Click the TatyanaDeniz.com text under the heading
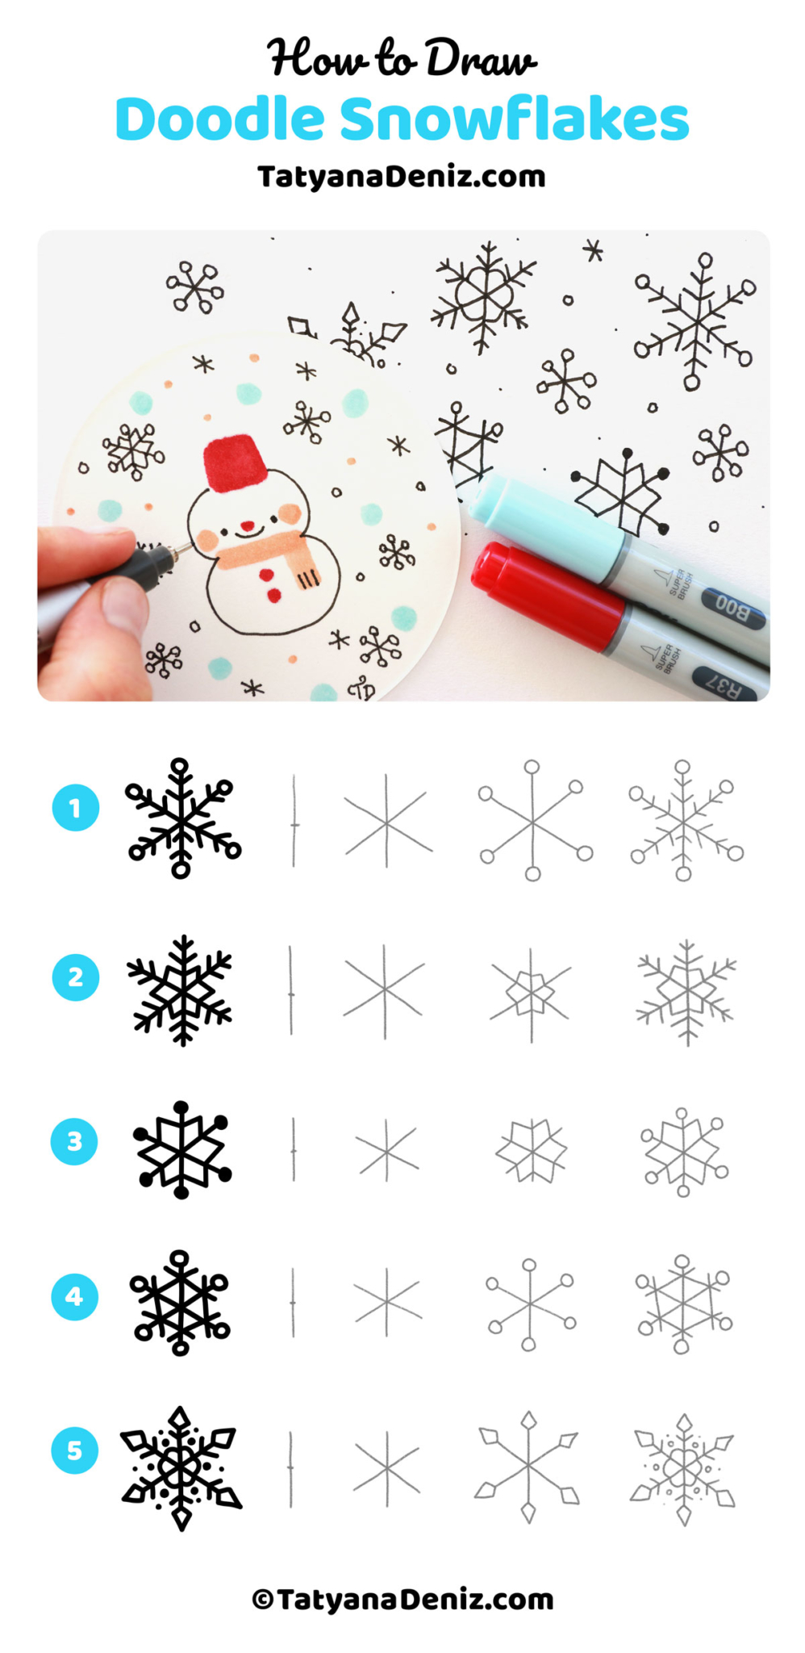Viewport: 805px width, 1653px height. pos(402,176)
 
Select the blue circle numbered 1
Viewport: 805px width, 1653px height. pos(75,808)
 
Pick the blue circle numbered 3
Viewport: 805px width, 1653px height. pos(74,1141)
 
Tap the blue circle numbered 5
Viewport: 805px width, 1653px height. pos(74,1450)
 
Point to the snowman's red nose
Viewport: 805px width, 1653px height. pos(248,527)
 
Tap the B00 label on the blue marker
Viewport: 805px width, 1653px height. pos(731,607)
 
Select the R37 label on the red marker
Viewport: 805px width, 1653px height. pos(723,685)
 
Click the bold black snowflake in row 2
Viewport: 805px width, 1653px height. pos(181,990)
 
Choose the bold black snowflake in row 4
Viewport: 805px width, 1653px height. pos(180,1303)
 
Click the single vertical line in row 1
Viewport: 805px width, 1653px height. pos(294,822)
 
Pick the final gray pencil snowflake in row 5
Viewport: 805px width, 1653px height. pos(683,1469)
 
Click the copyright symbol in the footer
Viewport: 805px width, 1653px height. pos(262,1600)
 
